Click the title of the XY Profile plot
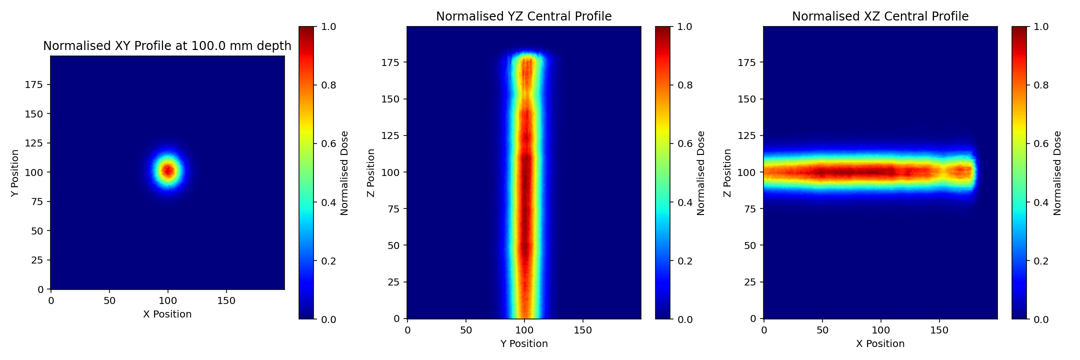point(167,46)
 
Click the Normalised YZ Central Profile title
point(523,16)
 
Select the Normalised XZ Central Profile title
point(880,16)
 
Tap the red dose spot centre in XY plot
point(168,171)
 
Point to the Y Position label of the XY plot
point(15,172)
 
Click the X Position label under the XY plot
point(167,314)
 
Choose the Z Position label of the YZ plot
point(371,172)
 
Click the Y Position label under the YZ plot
point(523,343)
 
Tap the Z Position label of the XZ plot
point(727,172)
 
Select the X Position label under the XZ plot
point(880,343)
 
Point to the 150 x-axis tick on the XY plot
point(226,300)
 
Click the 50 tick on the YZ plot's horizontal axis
point(466,330)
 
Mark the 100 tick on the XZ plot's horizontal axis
point(880,330)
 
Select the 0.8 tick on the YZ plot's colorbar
point(685,85)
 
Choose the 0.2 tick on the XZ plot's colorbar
point(1041,260)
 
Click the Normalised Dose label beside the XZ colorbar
point(1057,172)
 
